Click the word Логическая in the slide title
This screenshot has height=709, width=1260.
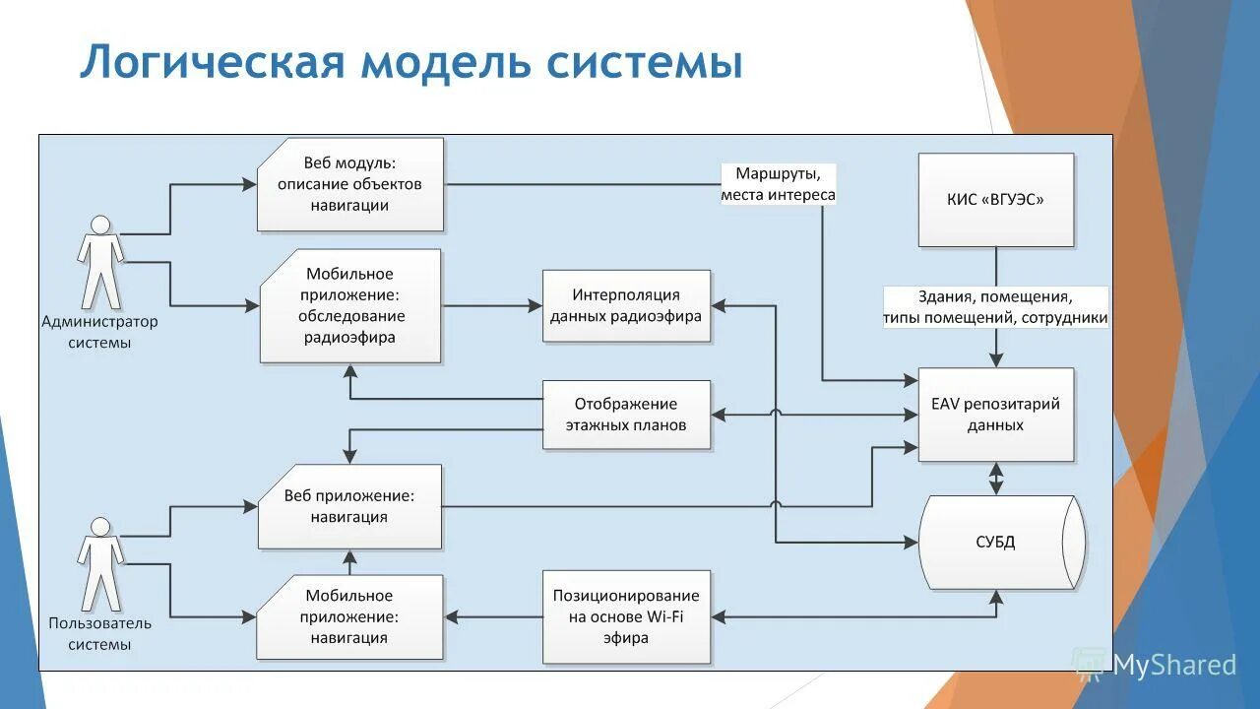coord(213,61)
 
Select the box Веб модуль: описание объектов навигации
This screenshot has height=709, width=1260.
coord(350,184)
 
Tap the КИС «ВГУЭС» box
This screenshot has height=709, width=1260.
coord(995,200)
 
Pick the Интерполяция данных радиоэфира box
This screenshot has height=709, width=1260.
coord(626,305)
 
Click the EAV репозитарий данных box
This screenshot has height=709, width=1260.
coord(995,415)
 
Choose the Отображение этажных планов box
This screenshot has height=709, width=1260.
coord(626,415)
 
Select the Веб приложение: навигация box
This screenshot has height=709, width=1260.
coord(349,506)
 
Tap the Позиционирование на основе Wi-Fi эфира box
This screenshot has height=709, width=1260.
coord(626,616)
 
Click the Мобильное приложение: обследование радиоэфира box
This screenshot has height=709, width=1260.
coord(350,305)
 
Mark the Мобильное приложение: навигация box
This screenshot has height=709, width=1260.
coord(350,616)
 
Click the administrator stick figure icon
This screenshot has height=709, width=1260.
coord(100,263)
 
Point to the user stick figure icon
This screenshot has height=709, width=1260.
coord(100,564)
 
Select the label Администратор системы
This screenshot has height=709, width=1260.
coord(99,332)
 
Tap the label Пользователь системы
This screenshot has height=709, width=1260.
coord(99,633)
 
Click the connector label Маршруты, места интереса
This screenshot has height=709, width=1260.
coord(778,184)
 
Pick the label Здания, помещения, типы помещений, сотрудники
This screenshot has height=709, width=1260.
coord(995,307)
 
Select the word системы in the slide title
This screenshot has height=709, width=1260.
coord(644,61)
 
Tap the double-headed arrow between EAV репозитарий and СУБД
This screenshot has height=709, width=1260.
coord(995,479)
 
